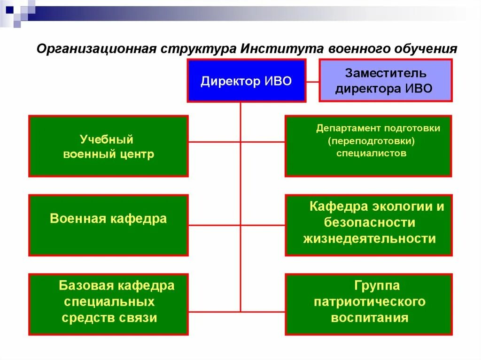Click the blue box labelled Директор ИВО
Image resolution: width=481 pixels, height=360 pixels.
[246, 80]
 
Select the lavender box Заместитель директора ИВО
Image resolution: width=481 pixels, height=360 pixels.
[386, 80]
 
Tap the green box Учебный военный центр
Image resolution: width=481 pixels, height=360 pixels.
[109, 146]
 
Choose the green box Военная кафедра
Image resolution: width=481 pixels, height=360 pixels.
[109, 225]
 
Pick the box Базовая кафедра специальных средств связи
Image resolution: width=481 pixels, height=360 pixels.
[109, 304]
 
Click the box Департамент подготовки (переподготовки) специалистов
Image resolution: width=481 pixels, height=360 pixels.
[368, 146]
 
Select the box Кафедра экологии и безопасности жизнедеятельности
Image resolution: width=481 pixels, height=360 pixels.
[368, 225]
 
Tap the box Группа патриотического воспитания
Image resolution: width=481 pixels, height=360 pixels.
[368, 304]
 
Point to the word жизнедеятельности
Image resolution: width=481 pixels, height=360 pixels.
[369, 239]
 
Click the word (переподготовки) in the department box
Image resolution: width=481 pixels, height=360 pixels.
[372, 141]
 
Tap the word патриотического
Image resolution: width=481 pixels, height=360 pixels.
[370, 301]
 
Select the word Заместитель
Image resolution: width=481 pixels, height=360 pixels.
[386, 73]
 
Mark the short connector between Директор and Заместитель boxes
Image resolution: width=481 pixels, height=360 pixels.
[312, 81]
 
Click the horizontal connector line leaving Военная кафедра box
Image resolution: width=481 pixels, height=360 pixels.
[214, 225]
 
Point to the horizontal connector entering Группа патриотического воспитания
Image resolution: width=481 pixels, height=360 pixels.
[263, 311]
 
